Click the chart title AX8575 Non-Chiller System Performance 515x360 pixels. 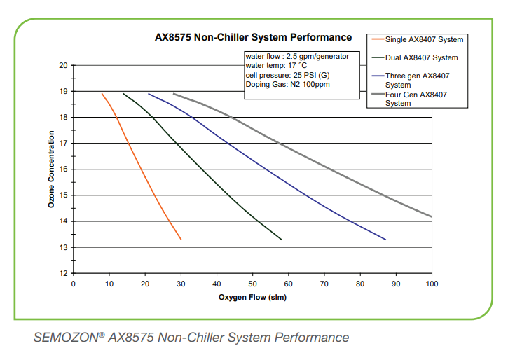coord(253,37)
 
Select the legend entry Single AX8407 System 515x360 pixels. coord(424,39)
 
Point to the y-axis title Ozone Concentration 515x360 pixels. coord(51,169)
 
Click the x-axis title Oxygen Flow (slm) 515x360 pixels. coord(253,297)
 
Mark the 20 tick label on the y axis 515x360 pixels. coord(64,66)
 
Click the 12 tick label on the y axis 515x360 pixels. coord(64,273)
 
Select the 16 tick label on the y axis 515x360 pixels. coord(64,169)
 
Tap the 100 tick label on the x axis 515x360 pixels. coord(432,284)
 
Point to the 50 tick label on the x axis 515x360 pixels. coord(253,284)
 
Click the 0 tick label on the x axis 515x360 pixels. coord(74,284)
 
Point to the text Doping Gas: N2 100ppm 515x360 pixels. coord(287,84)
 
